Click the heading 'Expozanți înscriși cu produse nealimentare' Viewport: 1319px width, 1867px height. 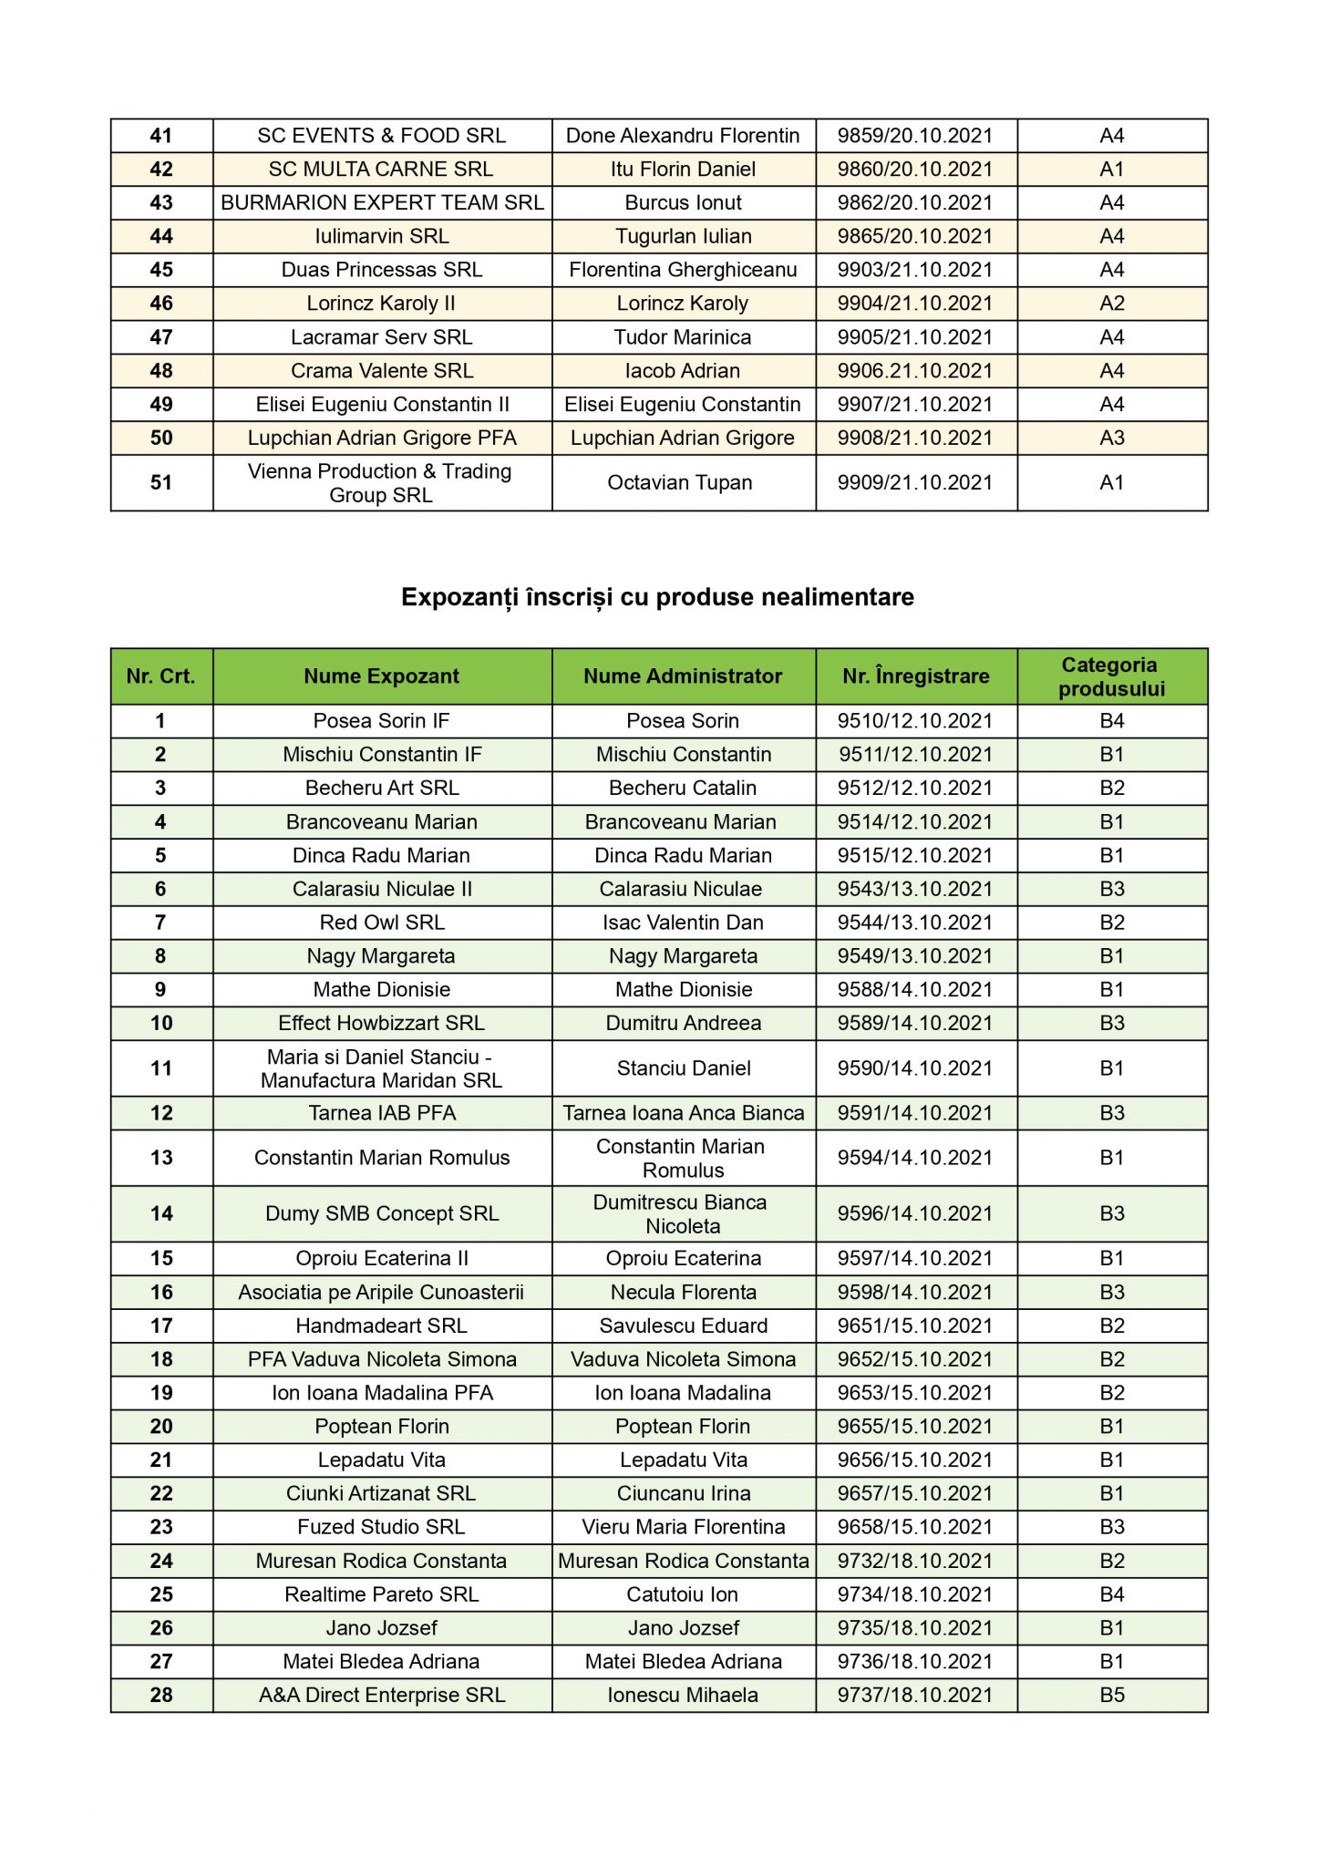pyautogui.click(x=657, y=597)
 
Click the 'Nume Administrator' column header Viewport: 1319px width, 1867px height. pyautogui.click(x=683, y=676)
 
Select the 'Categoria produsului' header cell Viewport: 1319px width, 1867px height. pyautogui.click(x=1111, y=676)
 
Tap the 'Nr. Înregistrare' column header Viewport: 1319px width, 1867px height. pyautogui.click(x=915, y=676)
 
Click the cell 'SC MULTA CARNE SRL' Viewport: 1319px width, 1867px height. pyautogui.click(x=381, y=169)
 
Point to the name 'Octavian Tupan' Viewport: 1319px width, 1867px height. pyautogui.click(x=680, y=482)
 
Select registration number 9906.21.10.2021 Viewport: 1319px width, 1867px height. pyautogui.click(x=915, y=371)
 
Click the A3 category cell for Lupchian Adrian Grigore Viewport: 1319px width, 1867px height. pyautogui.click(x=1111, y=438)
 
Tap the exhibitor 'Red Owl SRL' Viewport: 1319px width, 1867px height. pyautogui.click(x=382, y=923)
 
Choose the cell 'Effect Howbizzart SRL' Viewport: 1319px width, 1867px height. pyautogui.click(x=381, y=1023)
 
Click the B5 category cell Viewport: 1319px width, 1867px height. pyautogui.click(x=1111, y=1695)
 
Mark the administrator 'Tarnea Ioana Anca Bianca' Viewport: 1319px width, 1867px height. pyautogui.click(x=684, y=1113)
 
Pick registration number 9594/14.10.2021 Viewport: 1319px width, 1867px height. pyautogui.click(x=915, y=1158)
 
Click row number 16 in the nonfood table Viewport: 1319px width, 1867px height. pyautogui.click(x=161, y=1292)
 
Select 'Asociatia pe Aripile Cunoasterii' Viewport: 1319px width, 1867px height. pyautogui.click(x=381, y=1292)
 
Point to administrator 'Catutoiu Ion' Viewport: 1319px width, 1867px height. pyautogui.click(x=683, y=1594)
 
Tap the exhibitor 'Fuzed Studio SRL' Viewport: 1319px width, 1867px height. pyautogui.click(x=381, y=1527)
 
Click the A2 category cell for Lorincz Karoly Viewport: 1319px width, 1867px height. pyautogui.click(x=1111, y=304)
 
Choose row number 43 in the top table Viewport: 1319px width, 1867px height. pyautogui.click(x=161, y=202)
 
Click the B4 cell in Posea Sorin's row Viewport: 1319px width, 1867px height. pyautogui.click(x=1111, y=721)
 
